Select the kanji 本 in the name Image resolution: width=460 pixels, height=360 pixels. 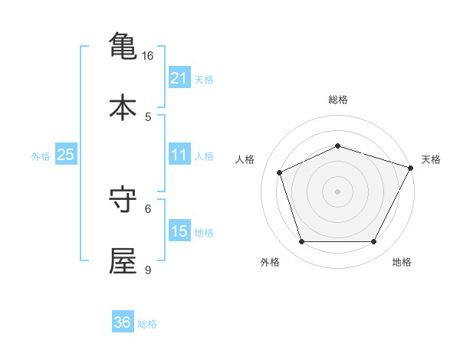[x=123, y=107]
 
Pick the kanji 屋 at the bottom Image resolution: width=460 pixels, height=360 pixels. [x=123, y=260]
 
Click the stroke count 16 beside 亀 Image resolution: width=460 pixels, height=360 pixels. [x=148, y=56]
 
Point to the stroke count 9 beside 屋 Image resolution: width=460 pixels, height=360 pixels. [x=148, y=270]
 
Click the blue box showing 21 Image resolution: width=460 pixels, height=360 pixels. [x=179, y=78]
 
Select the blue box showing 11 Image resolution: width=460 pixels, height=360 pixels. [x=179, y=155]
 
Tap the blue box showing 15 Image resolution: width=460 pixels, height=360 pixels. [x=179, y=231]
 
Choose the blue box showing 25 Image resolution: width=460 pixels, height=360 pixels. [x=66, y=155]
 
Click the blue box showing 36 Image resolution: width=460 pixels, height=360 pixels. [x=123, y=322]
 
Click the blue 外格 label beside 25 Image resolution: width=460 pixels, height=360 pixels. [x=41, y=156]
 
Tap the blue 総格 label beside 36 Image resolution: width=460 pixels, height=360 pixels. [x=147, y=324]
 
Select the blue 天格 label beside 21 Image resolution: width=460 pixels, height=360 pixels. [x=204, y=80]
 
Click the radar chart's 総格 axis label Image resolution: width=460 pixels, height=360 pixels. [x=338, y=100]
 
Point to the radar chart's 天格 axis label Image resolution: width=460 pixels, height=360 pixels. [x=431, y=159]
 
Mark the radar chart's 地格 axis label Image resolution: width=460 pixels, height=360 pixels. [x=402, y=262]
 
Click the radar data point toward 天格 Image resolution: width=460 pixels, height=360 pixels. [x=412, y=167]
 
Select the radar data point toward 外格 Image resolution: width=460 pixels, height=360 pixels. [x=301, y=242]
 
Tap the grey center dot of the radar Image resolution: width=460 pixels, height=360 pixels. [x=337, y=191]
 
